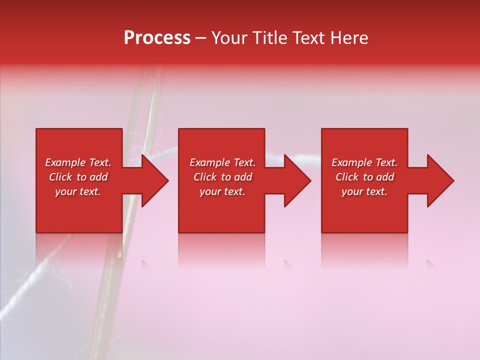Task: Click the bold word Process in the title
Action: [157, 38]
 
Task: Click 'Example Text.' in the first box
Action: [78, 162]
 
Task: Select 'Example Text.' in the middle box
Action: [222, 162]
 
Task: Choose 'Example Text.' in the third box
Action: [364, 162]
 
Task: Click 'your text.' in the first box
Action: [78, 191]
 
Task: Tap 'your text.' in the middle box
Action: [222, 191]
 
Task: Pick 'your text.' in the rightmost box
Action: [364, 191]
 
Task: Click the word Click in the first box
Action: [61, 177]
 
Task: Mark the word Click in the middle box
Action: [205, 177]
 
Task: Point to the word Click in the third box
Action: [347, 177]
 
